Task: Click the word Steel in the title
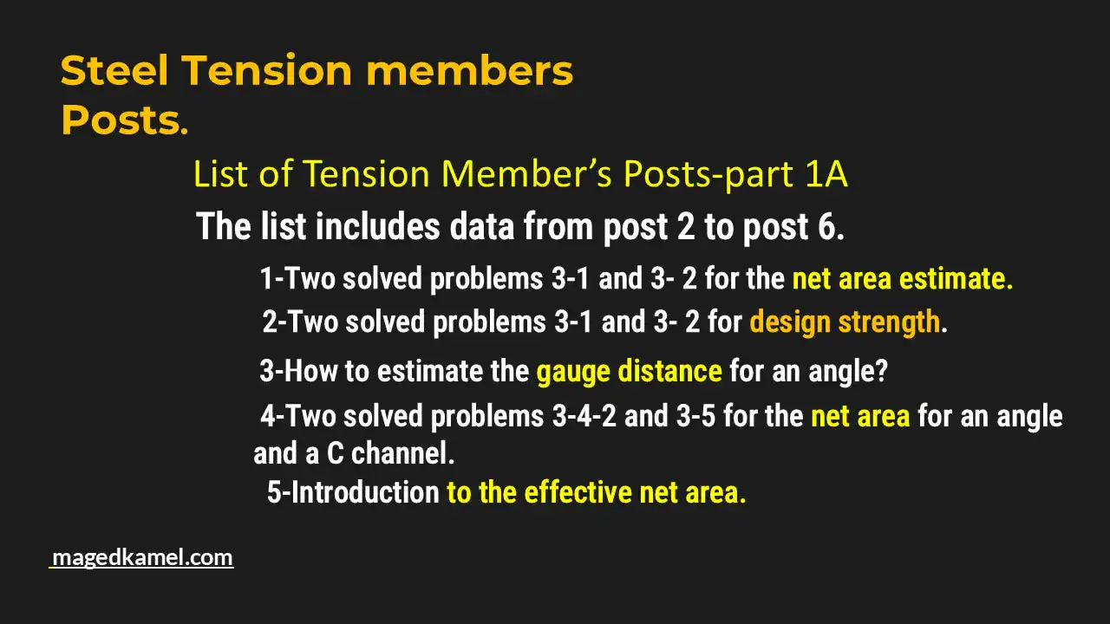(113, 71)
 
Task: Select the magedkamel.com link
(142, 557)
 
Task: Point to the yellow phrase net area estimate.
(902, 279)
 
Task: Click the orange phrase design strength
(845, 322)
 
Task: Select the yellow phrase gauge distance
(629, 372)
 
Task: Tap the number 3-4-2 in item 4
(584, 417)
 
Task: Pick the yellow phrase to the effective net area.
(596, 492)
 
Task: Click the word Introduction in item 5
(364, 492)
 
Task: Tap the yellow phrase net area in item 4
(860, 417)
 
